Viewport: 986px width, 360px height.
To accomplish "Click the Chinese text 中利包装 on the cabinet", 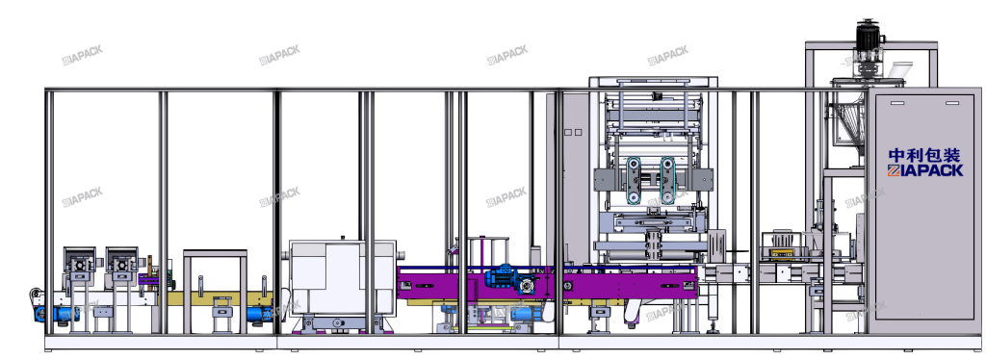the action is pyautogui.click(x=924, y=155).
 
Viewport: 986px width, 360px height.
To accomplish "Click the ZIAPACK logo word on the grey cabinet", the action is pyautogui.click(x=925, y=170).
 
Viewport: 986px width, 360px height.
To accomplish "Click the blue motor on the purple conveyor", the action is pyautogui.click(x=503, y=277).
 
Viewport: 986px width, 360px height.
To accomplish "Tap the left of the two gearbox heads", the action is pyautogui.click(x=79, y=262).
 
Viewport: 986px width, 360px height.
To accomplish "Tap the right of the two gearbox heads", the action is pyautogui.click(x=121, y=262).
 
